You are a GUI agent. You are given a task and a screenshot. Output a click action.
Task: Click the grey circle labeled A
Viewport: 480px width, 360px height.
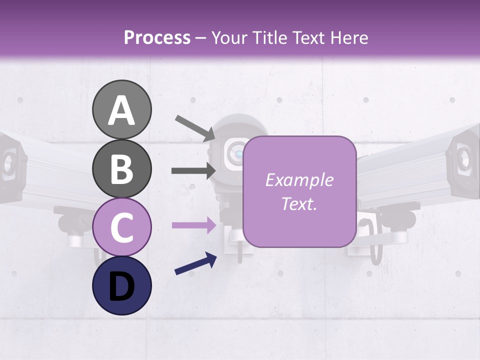click(x=121, y=109)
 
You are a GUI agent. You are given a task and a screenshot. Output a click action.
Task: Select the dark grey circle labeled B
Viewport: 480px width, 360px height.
click(x=121, y=168)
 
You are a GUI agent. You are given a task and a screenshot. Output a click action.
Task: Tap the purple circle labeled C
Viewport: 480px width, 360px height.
click(x=121, y=227)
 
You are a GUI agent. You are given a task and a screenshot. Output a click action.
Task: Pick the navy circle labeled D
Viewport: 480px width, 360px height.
click(x=121, y=285)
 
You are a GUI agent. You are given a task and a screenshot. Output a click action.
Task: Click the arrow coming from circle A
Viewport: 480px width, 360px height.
click(x=194, y=127)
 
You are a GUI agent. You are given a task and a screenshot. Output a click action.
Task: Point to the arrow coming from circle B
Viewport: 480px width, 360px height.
click(x=193, y=170)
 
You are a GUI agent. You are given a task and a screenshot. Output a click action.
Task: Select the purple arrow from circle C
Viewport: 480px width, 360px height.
click(x=193, y=225)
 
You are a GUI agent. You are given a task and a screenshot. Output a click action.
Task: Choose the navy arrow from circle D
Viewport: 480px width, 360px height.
click(x=195, y=264)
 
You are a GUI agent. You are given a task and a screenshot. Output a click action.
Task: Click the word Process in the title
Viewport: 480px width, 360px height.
click(x=157, y=37)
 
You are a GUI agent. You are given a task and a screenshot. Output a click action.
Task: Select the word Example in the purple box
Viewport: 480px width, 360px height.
click(x=299, y=180)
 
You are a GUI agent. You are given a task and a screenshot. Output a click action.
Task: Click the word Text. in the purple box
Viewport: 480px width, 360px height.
click(x=299, y=204)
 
